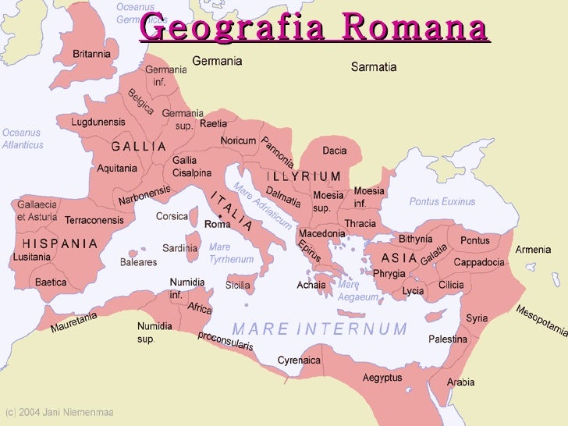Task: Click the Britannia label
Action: (91, 54)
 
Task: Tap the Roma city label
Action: (218, 224)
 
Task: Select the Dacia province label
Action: (334, 150)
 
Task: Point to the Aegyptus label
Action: (382, 378)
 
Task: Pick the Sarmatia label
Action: (374, 67)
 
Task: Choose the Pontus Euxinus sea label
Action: (442, 201)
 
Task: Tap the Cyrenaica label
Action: (300, 360)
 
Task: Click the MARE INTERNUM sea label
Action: (320, 328)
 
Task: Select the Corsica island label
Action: (172, 216)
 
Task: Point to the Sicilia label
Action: (238, 286)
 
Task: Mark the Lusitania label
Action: (32, 256)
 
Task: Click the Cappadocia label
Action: (478, 262)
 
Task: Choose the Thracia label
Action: (360, 223)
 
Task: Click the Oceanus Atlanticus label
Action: (23, 138)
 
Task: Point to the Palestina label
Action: (448, 339)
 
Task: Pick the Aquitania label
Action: (117, 168)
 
